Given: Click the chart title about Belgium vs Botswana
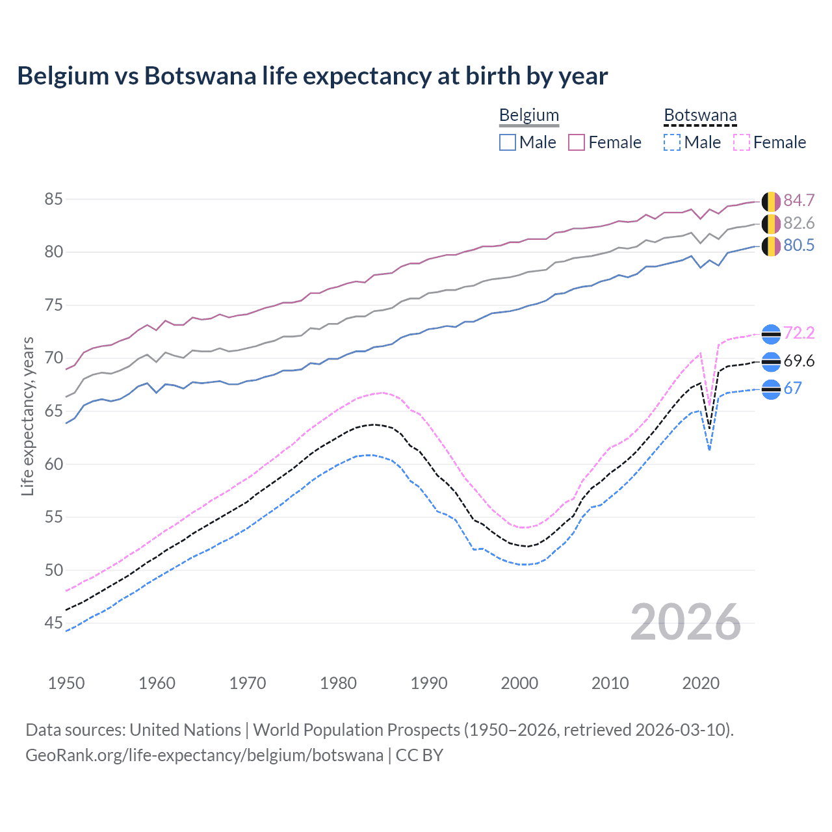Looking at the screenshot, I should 312,76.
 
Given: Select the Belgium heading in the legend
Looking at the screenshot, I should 528,116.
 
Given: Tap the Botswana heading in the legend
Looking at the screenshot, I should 700,116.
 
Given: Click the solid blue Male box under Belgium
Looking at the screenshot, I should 508,142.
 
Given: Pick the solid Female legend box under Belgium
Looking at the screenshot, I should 577,142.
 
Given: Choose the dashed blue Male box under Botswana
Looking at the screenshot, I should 672,142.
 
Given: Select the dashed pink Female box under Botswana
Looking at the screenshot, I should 741,142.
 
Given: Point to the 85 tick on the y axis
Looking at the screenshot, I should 53,199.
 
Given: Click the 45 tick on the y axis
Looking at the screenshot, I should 53,623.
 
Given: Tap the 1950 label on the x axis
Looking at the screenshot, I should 66,683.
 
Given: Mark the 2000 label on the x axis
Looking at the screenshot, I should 519,683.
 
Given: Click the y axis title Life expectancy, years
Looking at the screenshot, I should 27,416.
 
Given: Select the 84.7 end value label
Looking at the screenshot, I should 799,201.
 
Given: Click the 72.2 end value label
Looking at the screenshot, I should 799,333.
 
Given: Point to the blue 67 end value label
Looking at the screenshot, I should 792,389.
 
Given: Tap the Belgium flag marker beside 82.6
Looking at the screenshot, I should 771,224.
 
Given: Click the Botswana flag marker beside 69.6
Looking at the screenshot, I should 771,361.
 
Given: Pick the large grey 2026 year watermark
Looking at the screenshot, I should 685,622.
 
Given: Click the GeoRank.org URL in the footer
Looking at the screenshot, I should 204,755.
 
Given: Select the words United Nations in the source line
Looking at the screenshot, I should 185,730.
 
